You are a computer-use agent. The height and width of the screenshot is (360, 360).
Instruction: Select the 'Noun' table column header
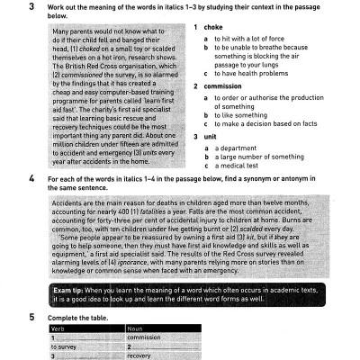coord(136,329)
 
